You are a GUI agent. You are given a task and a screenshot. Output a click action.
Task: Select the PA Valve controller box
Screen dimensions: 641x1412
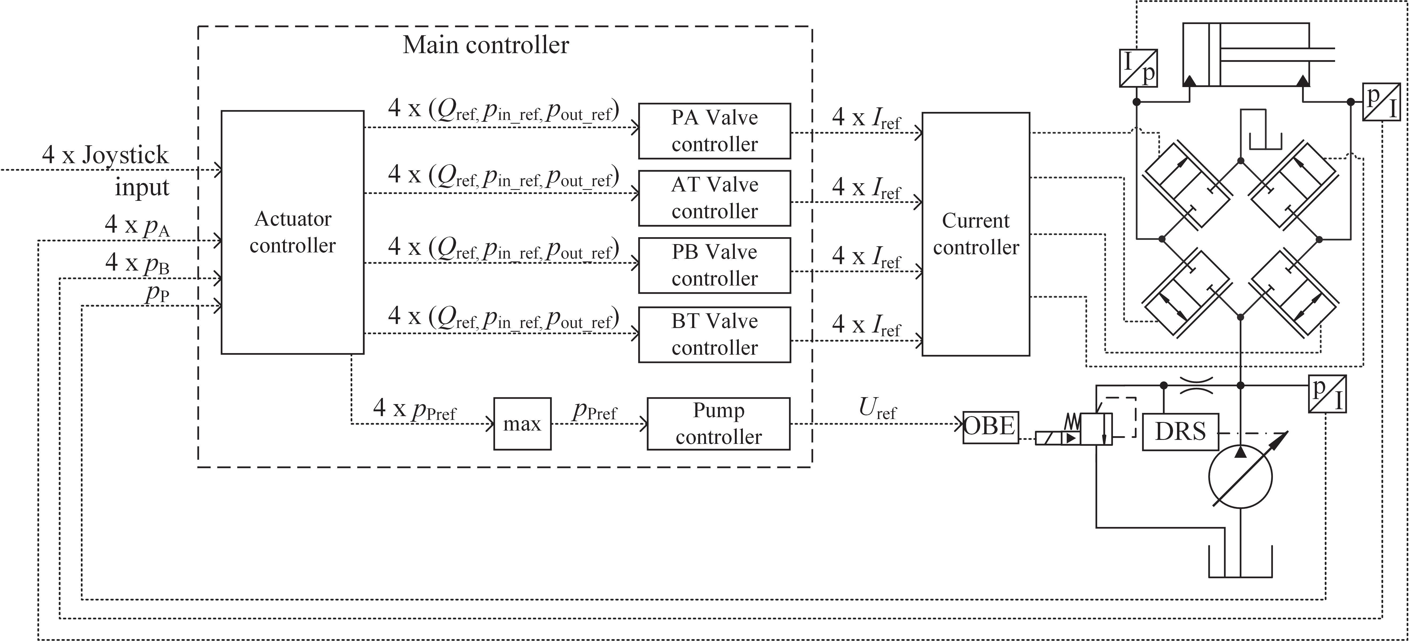click(x=714, y=131)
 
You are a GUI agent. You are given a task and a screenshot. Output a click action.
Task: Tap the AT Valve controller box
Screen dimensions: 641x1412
click(x=714, y=198)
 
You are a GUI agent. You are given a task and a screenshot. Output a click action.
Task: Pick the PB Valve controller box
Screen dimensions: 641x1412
click(x=714, y=265)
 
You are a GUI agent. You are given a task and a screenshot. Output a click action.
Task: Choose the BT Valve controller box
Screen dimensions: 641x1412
click(x=714, y=334)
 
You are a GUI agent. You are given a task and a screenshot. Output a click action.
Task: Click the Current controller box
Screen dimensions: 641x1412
click(x=976, y=234)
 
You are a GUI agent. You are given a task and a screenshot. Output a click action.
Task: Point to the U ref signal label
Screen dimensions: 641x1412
click(x=877, y=409)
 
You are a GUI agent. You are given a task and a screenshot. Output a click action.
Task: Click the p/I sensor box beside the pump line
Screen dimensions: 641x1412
click(x=1327, y=393)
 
